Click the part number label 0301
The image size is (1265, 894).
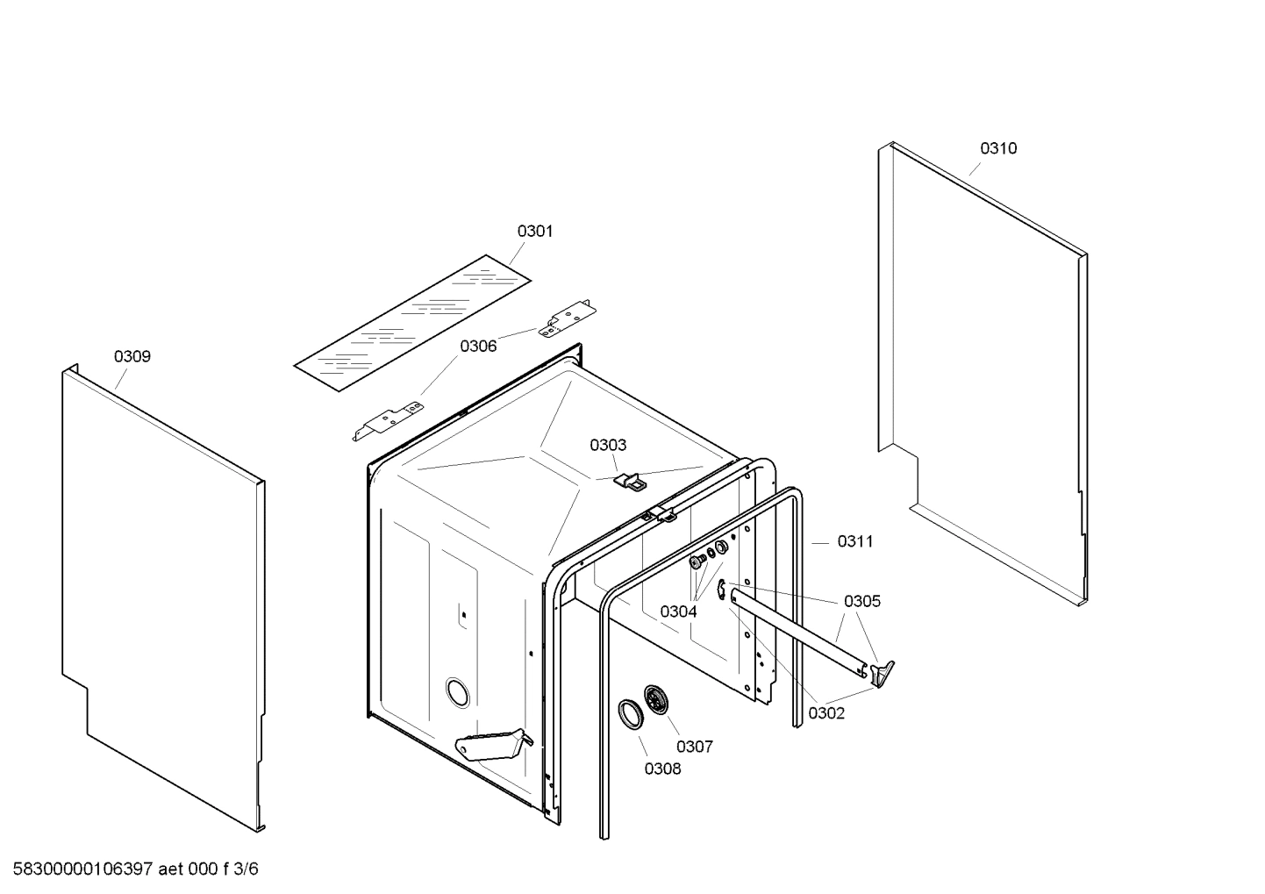(534, 232)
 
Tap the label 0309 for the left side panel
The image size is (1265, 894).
(132, 356)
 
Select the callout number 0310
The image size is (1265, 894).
(998, 148)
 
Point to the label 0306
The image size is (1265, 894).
(478, 346)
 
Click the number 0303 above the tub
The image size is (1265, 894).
(608, 446)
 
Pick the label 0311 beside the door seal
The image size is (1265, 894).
(855, 541)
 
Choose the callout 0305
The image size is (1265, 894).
(861, 601)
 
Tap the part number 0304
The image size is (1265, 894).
(678, 611)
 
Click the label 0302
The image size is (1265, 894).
(826, 713)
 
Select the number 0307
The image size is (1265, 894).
(694, 747)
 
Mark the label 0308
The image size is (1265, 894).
(662, 769)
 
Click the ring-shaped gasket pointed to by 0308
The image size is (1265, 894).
(630, 713)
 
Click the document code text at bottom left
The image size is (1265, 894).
(131, 869)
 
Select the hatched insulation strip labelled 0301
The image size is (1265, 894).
(412, 324)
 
